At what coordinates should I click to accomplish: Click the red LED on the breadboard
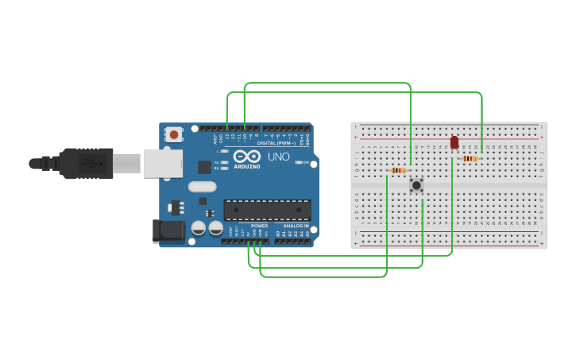click(454, 142)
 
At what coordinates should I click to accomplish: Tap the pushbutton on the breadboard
click(416, 185)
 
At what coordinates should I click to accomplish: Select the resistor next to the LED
click(470, 159)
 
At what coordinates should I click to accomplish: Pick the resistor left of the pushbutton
click(399, 170)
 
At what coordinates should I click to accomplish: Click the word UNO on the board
click(278, 157)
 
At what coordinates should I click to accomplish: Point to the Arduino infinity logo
click(247, 156)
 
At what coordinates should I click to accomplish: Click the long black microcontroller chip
click(267, 210)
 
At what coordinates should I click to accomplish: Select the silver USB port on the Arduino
click(163, 163)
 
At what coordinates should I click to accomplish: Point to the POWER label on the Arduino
click(260, 226)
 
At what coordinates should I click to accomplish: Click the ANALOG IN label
click(296, 226)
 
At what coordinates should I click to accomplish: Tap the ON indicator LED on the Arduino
click(299, 162)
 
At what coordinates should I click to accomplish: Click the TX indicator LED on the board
click(224, 162)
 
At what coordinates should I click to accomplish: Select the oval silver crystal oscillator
click(202, 187)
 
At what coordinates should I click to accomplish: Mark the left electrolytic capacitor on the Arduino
click(198, 228)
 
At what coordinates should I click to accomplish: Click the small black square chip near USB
click(204, 167)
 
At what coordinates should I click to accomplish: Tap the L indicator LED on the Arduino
click(224, 151)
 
